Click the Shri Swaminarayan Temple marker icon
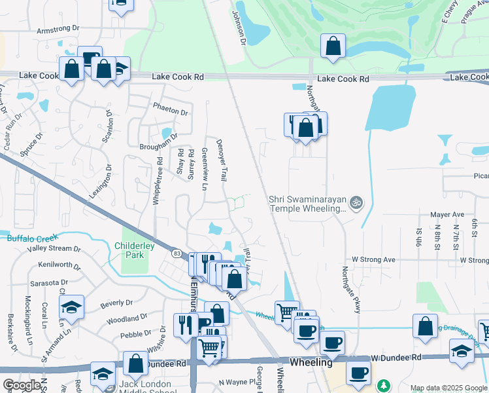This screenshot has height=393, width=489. [356, 201]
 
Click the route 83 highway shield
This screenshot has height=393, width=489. [177, 253]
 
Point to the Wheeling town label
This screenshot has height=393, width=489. [311, 362]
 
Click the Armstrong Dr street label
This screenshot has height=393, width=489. [58, 30]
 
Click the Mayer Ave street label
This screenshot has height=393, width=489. [447, 214]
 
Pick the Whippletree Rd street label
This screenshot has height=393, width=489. [156, 182]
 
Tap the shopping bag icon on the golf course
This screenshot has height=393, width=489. [333, 47]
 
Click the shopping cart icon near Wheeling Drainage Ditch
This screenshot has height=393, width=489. [286, 312]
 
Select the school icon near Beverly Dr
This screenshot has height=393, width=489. [71, 307]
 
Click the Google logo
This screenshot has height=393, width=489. [22, 385]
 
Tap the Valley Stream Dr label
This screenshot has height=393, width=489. [54, 250]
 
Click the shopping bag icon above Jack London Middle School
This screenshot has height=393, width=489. [135, 363]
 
